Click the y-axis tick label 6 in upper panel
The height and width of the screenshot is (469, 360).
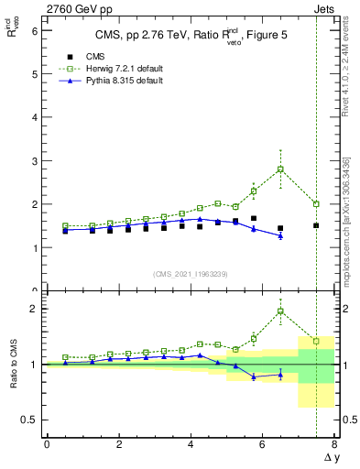coord(35,31)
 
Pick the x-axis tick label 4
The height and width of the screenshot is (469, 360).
coord(191,445)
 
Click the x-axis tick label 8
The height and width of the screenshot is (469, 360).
coord(334,445)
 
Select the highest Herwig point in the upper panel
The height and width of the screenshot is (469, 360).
coord(280,169)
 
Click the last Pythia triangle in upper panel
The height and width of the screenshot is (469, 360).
coord(280,235)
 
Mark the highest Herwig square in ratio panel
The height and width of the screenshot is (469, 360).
coord(280,311)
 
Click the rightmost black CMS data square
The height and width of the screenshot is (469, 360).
coord(316,225)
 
